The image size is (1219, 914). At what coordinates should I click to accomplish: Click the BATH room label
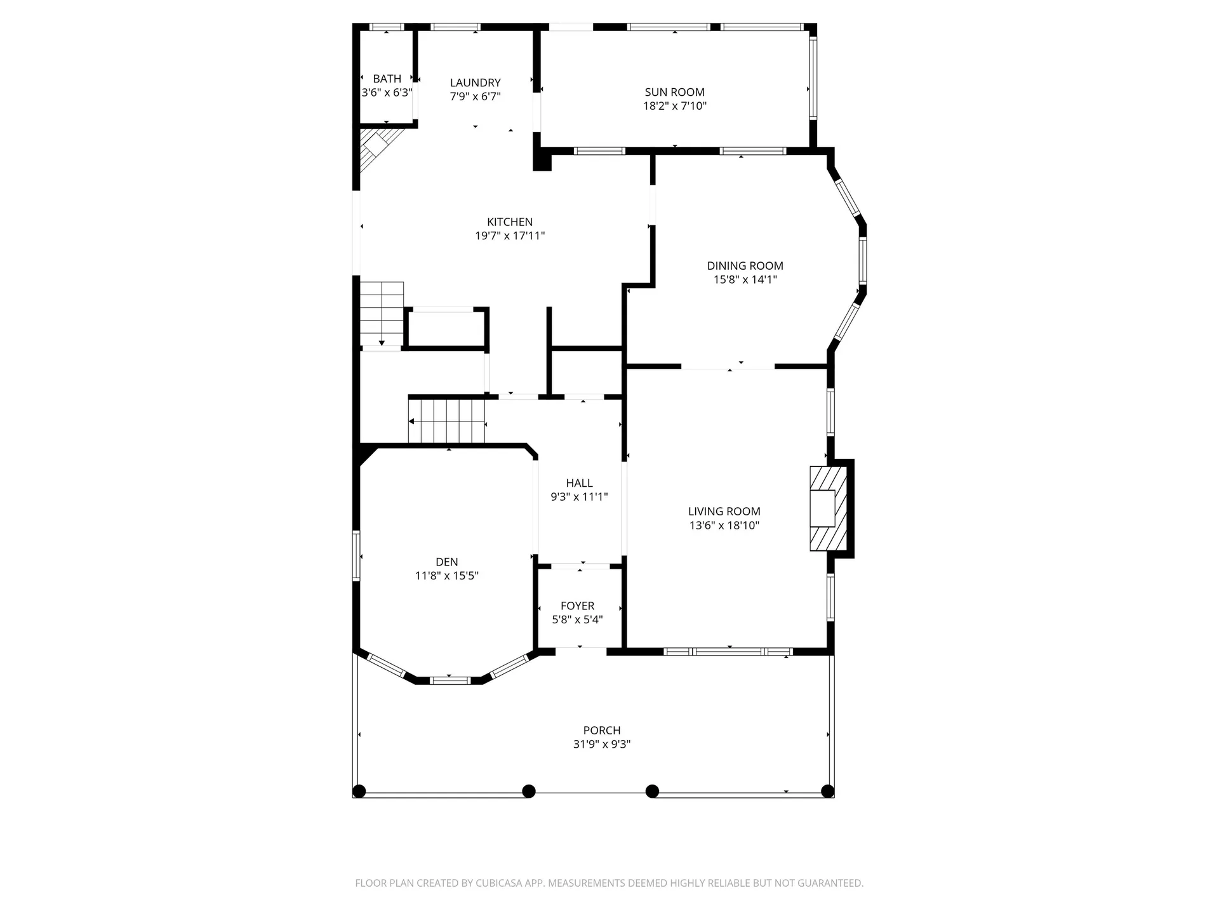tap(387, 79)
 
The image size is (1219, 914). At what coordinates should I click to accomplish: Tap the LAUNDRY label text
tap(476, 83)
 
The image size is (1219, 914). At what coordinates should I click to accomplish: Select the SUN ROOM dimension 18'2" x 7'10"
tap(675, 106)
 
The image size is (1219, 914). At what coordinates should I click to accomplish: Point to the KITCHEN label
tap(510, 222)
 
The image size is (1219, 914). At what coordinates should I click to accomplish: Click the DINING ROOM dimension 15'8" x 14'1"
tap(745, 279)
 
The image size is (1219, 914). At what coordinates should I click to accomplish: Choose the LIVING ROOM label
tap(724, 512)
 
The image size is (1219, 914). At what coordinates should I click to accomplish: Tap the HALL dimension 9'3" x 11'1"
tap(579, 497)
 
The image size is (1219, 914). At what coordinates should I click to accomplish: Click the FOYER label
tap(578, 606)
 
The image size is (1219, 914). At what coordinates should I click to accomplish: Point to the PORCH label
tap(602, 731)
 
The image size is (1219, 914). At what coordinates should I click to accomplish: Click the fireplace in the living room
tap(829, 508)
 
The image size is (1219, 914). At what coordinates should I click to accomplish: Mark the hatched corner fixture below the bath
tap(378, 149)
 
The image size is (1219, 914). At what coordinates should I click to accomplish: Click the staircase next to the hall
tap(447, 421)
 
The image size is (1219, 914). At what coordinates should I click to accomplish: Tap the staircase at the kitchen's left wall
tap(382, 314)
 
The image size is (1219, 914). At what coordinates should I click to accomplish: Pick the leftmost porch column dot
tap(359, 791)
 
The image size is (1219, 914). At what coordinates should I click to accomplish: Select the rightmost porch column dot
tap(828, 791)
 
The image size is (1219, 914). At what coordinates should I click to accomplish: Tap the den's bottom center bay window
tap(450, 680)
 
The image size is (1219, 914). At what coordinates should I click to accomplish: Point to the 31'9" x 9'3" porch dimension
tap(602, 745)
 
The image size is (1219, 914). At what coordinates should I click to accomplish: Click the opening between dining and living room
tap(728, 366)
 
